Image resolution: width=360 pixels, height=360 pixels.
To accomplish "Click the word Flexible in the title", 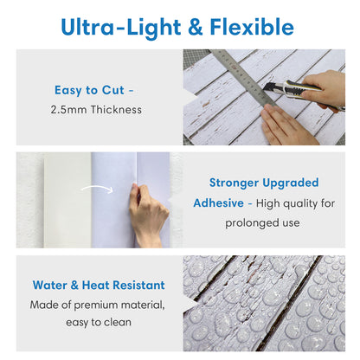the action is [252, 27].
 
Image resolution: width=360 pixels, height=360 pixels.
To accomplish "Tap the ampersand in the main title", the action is [195, 27].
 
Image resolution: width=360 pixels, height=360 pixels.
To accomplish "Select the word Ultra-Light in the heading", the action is [121, 28].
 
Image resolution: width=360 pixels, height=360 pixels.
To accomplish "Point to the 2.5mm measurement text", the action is [68, 110].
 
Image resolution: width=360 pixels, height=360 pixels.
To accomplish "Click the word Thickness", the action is [116, 110].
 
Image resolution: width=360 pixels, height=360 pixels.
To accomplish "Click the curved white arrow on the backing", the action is [97, 189].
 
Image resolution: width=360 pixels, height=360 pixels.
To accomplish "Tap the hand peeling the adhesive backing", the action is [148, 215].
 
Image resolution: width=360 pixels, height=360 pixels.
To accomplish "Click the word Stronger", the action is [234, 183].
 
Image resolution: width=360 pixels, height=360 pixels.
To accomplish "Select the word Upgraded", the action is [291, 183].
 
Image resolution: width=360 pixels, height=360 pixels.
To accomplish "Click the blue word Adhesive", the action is [219, 203].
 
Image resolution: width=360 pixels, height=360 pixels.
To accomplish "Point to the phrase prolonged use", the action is [262, 223].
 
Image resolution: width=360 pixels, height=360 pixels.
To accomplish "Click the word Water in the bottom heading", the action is [49, 285].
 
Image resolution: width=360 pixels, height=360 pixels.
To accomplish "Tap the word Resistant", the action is [138, 285].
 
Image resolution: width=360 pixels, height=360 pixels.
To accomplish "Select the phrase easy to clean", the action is [99, 322].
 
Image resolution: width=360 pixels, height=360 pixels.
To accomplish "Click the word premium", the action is [96, 305].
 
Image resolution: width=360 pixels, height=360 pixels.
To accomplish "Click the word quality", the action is [300, 204].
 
